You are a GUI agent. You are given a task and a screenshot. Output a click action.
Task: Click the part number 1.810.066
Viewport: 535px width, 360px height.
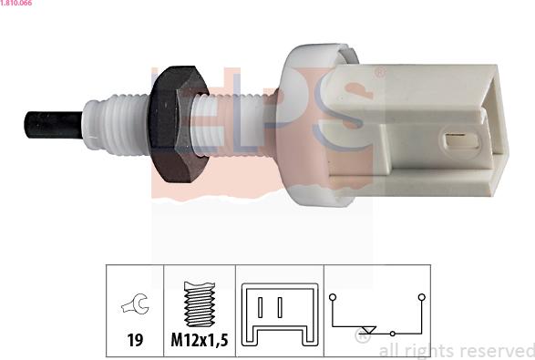16,3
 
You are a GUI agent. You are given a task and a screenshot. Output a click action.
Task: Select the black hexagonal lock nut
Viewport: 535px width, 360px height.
180,124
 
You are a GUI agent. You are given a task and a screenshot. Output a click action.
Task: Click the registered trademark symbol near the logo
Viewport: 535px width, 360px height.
380,73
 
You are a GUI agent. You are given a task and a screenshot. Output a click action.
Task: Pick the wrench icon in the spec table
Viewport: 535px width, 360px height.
135,303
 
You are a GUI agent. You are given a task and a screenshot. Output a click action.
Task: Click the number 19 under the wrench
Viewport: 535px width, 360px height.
135,340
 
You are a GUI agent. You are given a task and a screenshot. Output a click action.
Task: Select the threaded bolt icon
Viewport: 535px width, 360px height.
200,304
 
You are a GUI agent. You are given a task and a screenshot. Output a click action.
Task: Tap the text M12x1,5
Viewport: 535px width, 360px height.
200,340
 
